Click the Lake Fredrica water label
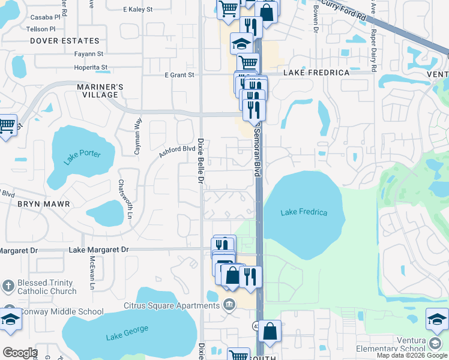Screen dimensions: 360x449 (x=304, y=212)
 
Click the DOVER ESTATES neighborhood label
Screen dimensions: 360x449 (x=64, y=41)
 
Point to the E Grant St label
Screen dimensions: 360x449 (x=179, y=75)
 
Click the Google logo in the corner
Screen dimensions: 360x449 (x=19, y=353)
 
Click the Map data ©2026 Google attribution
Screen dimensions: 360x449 (x=411, y=355)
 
